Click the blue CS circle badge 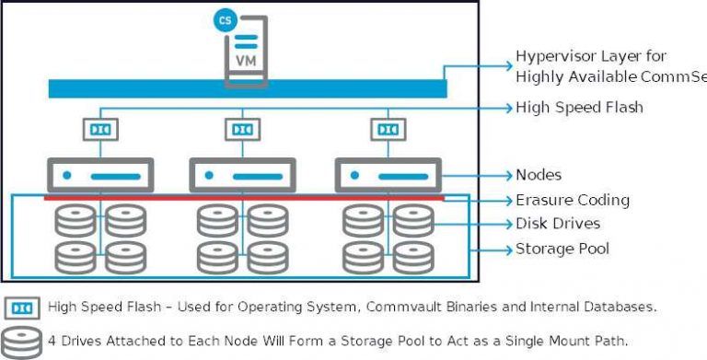(x=223, y=19)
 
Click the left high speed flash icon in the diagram (x=100, y=130)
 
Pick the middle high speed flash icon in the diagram (x=242, y=130)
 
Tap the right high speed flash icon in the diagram (x=387, y=130)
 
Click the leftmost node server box (x=100, y=175)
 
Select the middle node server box (x=242, y=175)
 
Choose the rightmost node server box (x=388, y=175)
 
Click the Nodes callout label (x=539, y=175)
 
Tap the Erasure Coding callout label (x=572, y=200)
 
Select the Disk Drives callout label (x=557, y=224)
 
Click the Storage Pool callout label (x=562, y=249)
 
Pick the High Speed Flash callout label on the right (x=579, y=108)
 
